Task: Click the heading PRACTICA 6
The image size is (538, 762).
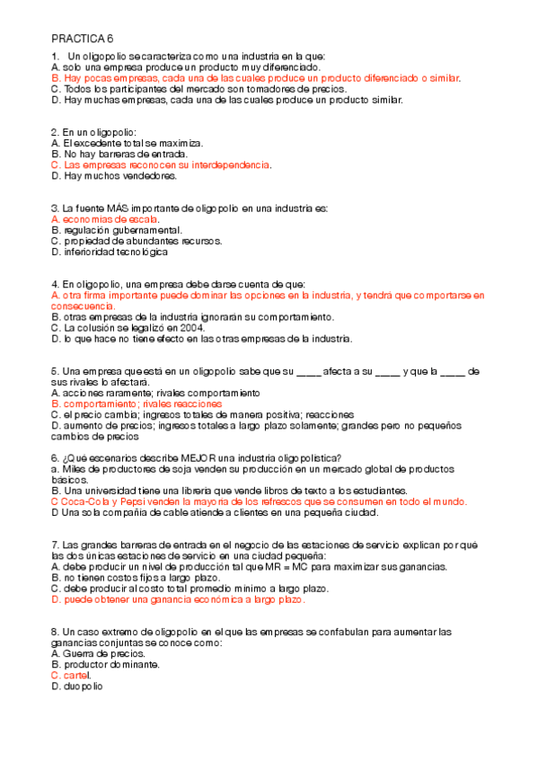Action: click(x=83, y=39)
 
